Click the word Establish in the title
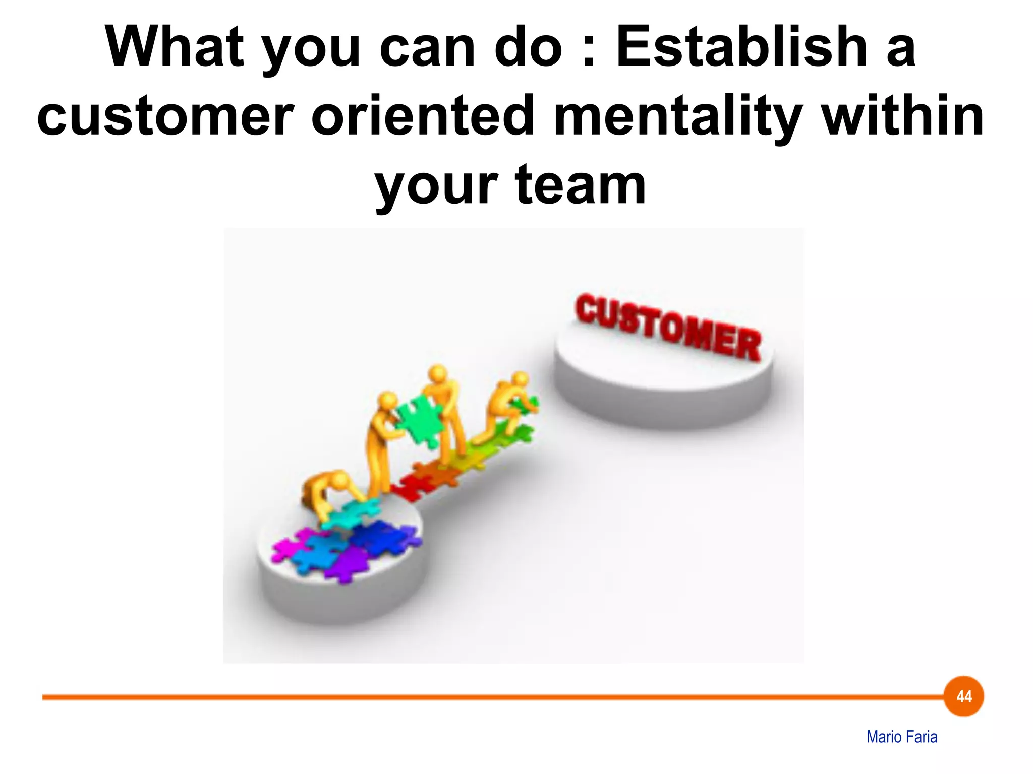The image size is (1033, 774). tap(741, 47)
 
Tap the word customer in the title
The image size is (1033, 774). tap(165, 116)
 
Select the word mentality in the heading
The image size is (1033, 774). tap(678, 116)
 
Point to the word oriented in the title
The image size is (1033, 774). tap(423, 116)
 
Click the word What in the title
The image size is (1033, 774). tap(174, 47)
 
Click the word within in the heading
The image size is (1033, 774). tap(903, 116)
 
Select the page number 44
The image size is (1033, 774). tap(964, 696)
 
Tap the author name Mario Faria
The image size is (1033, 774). tap(902, 737)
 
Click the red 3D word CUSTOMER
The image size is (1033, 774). tap(668, 328)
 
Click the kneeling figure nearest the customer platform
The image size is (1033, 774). tap(507, 403)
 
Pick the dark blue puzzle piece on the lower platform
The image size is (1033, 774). tap(383, 537)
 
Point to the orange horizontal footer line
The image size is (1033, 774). tap(454, 697)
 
